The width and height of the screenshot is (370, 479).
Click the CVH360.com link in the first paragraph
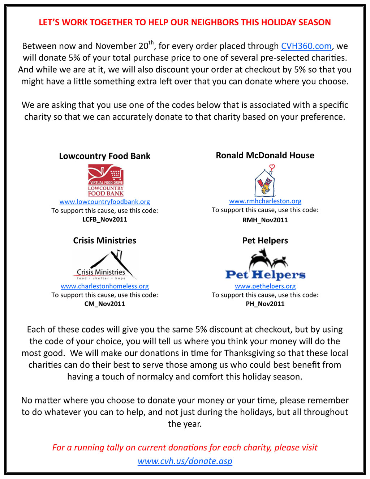[x=306, y=46]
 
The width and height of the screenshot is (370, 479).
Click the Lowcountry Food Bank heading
[x=104, y=156]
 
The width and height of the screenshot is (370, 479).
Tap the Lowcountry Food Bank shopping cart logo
[x=106, y=180]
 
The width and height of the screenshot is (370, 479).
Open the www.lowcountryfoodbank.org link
[x=104, y=202]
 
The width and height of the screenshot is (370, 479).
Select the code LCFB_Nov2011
[x=104, y=219]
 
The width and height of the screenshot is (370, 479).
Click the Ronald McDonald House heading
[x=265, y=155]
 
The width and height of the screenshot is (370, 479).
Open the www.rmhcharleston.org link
[x=265, y=201]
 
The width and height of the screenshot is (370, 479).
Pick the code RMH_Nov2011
[x=265, y=220]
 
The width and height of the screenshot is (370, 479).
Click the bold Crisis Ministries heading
[x=104, y=241]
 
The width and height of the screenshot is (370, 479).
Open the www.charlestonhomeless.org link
[x=104, y=286]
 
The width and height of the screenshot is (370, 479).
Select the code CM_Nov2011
[x=104, y=304]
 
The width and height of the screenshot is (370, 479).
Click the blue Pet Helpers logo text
[x=265, y=275]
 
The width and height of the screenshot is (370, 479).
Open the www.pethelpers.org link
[x=265, y=286]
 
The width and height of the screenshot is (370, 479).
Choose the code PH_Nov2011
[x=265, y=304]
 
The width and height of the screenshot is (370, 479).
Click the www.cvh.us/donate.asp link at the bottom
[x=185, y=461]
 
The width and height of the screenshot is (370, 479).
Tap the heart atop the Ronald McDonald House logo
[x=272, y=167]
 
